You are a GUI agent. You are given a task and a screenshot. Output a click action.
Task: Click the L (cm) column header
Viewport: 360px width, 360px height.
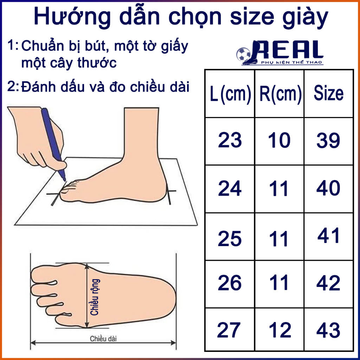tap(230, 94)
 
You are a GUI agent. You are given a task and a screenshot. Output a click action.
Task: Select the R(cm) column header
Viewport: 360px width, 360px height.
tap(280, 94)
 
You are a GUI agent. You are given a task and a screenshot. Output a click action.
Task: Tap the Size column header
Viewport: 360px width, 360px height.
tap(328, 94)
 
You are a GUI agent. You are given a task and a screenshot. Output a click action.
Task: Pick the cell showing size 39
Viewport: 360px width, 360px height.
tap(328, 141)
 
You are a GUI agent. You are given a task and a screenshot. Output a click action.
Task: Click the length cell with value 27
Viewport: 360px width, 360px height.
tap(230, 330)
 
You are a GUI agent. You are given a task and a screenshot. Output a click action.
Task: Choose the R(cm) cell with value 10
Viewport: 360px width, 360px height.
tap(279, 141)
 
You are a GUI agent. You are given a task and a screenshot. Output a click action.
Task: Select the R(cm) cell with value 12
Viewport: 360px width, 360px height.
tap(280, 330)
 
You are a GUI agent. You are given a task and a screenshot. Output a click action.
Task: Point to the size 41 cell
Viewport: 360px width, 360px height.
tap(328, 236)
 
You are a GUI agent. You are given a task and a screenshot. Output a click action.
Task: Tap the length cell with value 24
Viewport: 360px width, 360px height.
tap(230, 189)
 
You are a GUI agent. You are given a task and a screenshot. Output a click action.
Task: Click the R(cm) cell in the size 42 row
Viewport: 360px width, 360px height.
tap(279, 283)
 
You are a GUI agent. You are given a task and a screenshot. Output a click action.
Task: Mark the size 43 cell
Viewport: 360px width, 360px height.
tap(328, 330)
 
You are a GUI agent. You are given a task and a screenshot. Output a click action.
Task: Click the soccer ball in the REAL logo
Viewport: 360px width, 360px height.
tap(243, 55)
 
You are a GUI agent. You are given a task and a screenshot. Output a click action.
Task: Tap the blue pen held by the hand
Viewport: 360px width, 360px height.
tap(53, 141)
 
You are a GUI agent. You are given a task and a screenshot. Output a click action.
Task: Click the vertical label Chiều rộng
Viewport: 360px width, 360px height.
tap(95, 297)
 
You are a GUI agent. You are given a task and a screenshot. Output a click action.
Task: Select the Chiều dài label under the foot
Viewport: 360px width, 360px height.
tap(103, 339)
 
